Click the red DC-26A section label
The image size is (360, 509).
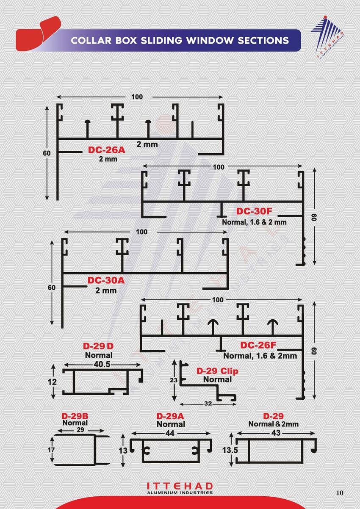[107, 150]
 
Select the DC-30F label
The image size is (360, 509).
[254, 211]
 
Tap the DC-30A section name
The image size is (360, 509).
[106, 280]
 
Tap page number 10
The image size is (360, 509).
[340, 493]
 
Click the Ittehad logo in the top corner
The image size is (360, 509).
[328, 38]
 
